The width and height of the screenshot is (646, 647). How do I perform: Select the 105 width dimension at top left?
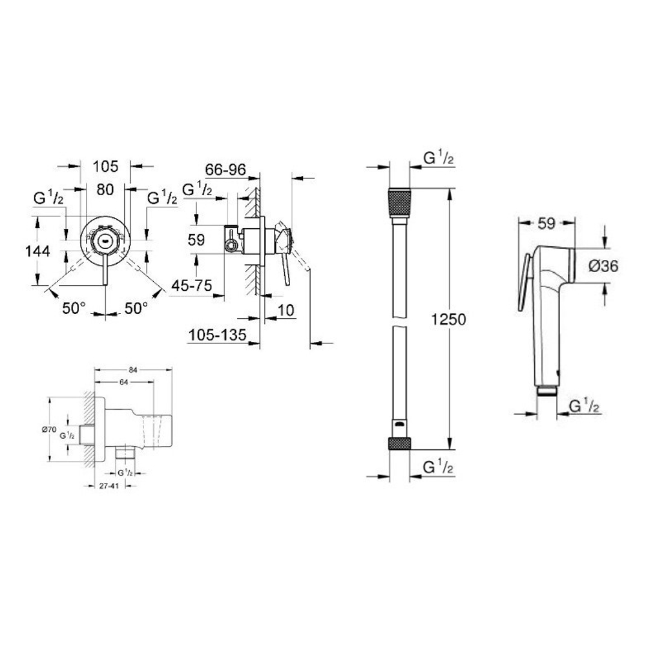(x=105, y=166)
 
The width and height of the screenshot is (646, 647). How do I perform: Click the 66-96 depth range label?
(x=225, y=169)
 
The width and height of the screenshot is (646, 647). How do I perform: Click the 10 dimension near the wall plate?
(x=286, y=312)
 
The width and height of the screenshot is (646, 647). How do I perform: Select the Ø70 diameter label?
(x=50, y=429)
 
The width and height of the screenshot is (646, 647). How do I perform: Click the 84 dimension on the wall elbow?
(x=132, y=370)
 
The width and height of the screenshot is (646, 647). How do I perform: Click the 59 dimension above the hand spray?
(x=547, y=224)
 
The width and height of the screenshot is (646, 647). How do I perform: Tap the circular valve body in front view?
(x=105, y=240)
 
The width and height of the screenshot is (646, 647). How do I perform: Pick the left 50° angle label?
(x=74, y=308)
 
